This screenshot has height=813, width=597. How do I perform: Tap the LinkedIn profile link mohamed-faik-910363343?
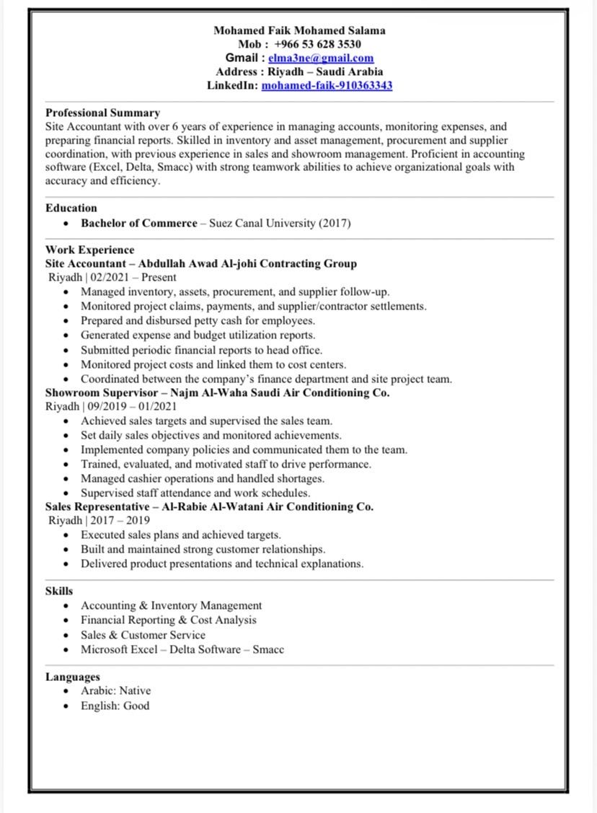[327, 86]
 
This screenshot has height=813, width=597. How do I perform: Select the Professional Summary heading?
[102, 113]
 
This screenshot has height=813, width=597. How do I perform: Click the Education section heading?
[71, 208]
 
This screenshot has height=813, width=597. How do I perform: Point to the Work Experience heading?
[89, 250]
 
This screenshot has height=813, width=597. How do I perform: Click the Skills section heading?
[59, 591]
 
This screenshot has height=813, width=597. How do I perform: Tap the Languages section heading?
[73, 677]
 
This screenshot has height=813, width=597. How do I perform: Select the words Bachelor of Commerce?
[138, 224]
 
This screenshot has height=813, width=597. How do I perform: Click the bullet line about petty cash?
[198, 321]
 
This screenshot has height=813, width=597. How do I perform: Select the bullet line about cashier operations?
[202, 479]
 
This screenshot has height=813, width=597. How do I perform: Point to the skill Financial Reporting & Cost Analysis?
[168, 620]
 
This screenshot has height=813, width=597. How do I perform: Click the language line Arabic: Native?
[115, 691]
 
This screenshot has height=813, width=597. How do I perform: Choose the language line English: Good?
[115, 706]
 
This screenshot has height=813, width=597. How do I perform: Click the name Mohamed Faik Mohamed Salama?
[299, 30]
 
